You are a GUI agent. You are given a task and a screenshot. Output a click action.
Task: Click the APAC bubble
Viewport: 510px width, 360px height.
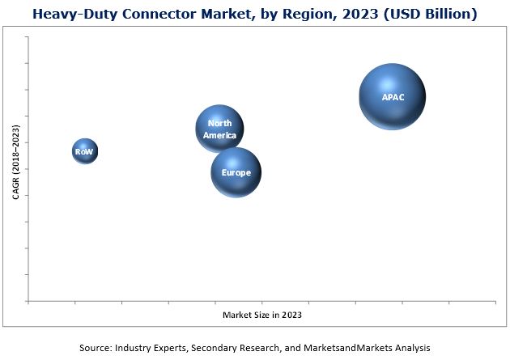[393, 97]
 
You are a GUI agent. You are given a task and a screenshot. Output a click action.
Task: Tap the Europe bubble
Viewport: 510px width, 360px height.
[236, 172]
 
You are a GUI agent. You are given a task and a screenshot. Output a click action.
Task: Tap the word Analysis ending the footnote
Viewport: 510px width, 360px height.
[410, 347]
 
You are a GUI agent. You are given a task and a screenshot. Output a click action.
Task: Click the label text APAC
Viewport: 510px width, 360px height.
[393, 97]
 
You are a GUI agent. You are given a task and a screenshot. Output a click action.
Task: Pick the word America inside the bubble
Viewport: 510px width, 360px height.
[219, 135]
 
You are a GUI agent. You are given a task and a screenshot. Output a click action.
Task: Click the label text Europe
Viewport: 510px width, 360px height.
[236, 172]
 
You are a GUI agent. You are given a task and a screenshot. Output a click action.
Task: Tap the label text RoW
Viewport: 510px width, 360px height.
[84, 151]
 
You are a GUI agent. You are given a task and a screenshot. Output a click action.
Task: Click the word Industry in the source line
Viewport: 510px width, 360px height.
[138, 347]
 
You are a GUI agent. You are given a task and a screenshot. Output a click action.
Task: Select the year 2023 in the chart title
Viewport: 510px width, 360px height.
[357, 14]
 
